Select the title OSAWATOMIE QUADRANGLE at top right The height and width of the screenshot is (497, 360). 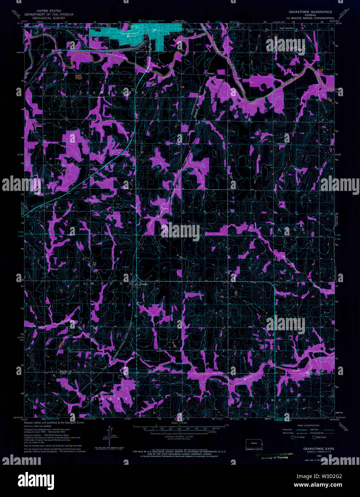pyautogui.click(x=310, y=12)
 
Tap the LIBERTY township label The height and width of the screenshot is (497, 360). pyautogui.click(x=111, y=398)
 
